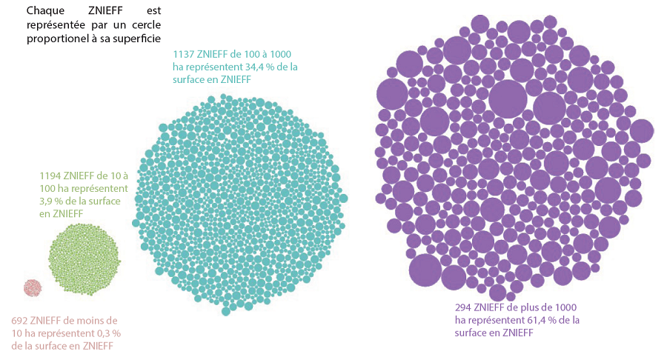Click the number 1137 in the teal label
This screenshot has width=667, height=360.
click(184, 55)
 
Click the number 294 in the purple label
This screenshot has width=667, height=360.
click(464, 307)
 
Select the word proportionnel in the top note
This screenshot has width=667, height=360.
click(56, 37)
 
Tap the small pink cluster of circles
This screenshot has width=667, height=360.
click(33, 287)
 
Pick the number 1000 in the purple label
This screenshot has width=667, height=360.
click(564, 307)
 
